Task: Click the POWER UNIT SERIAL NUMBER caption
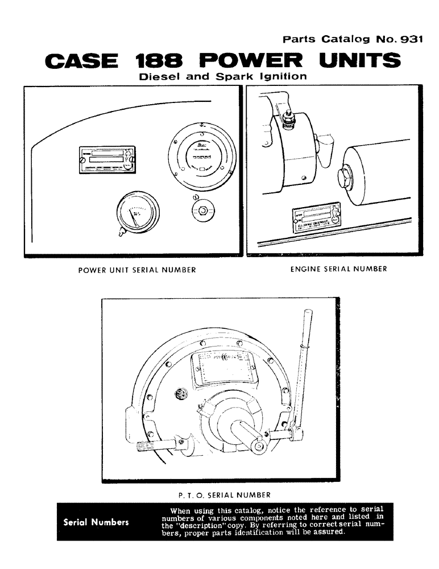[137, 269]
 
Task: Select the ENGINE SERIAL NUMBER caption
[338, 269]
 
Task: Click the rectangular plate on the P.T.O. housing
[223, 368]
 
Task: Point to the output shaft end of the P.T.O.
[259, 446]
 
